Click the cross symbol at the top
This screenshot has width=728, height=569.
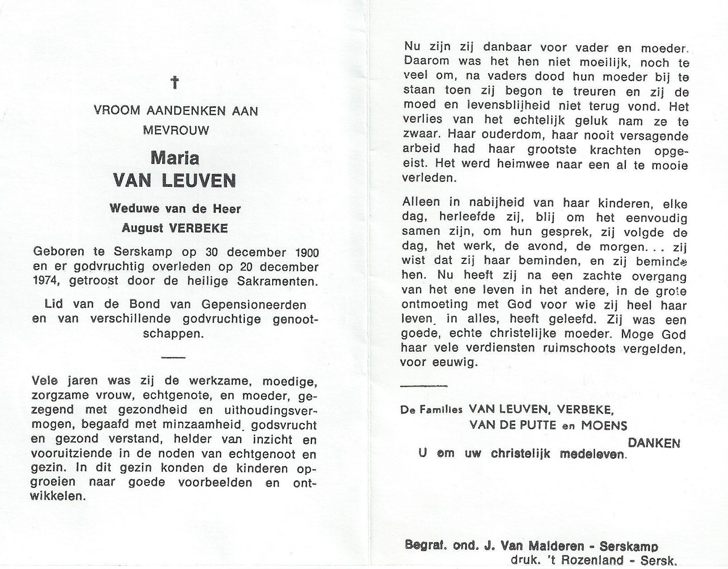point(175,82)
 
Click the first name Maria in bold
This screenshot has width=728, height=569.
point(175,158)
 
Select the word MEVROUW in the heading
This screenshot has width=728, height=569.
point(176,130)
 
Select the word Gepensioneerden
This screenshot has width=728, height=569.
point(254,305)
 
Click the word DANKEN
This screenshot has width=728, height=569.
point(654,443)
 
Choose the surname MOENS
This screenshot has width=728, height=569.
point(604,425)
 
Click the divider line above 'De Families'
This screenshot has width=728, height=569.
point(424,386)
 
